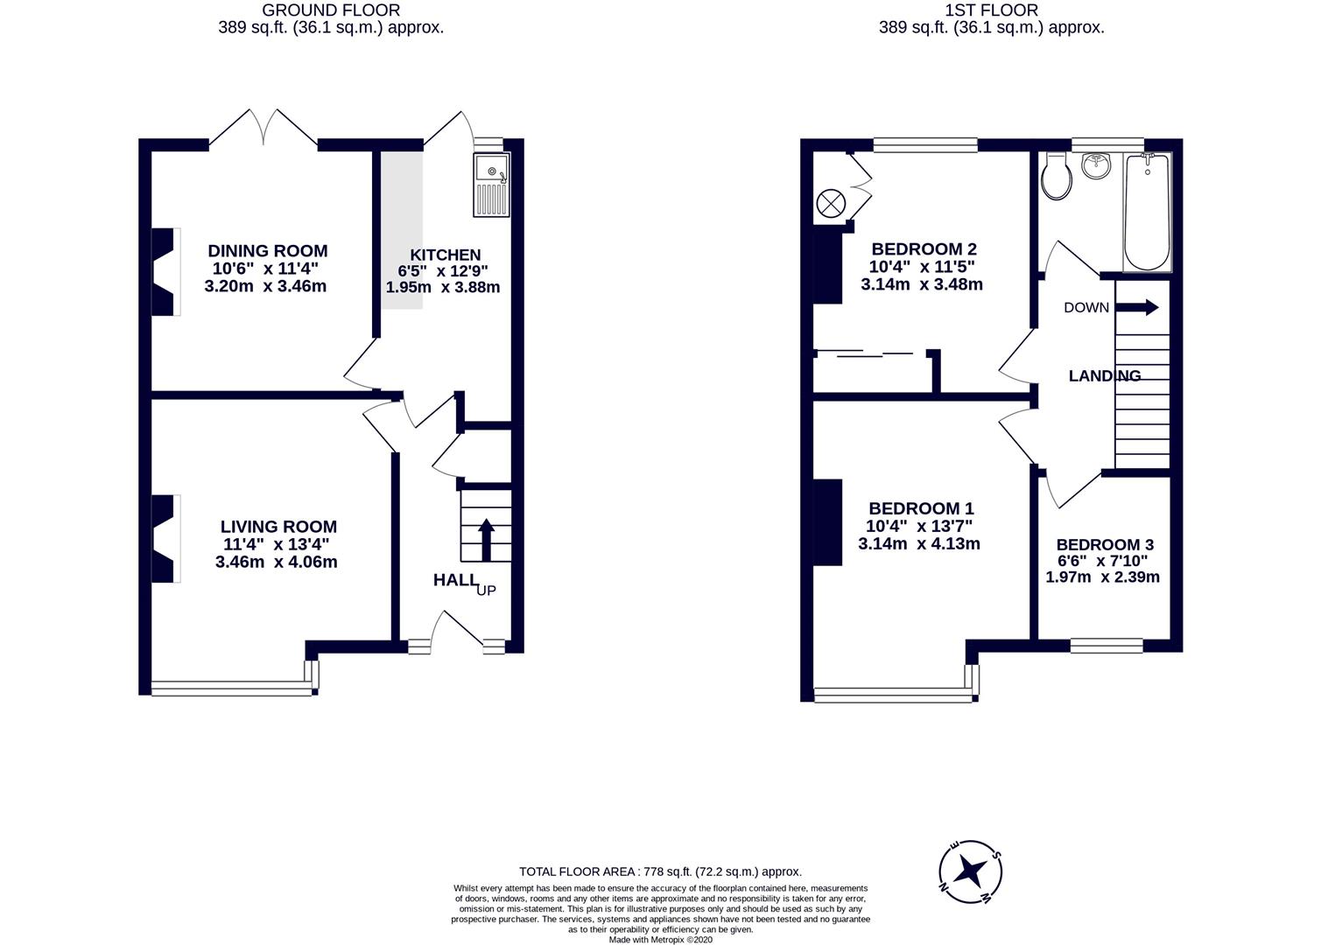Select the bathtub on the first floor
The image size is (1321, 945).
(1147, 213)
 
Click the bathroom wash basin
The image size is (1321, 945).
(1095, 165)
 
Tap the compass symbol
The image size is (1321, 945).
(970, 871)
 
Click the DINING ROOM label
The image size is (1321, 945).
(268, 251)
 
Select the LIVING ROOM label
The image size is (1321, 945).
(278, 527)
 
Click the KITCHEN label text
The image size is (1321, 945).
(445, 255)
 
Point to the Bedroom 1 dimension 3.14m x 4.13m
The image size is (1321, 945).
(919, 543)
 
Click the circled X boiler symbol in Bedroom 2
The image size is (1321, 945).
(830, 204)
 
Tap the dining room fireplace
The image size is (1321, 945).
(165, 271)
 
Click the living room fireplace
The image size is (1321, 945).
(165, 538)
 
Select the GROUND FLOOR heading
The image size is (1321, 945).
(331, 10)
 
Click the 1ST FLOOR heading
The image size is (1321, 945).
(991, 10)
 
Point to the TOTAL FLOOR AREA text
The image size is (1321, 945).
(660, 871)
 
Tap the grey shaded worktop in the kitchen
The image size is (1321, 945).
(402, 230)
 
